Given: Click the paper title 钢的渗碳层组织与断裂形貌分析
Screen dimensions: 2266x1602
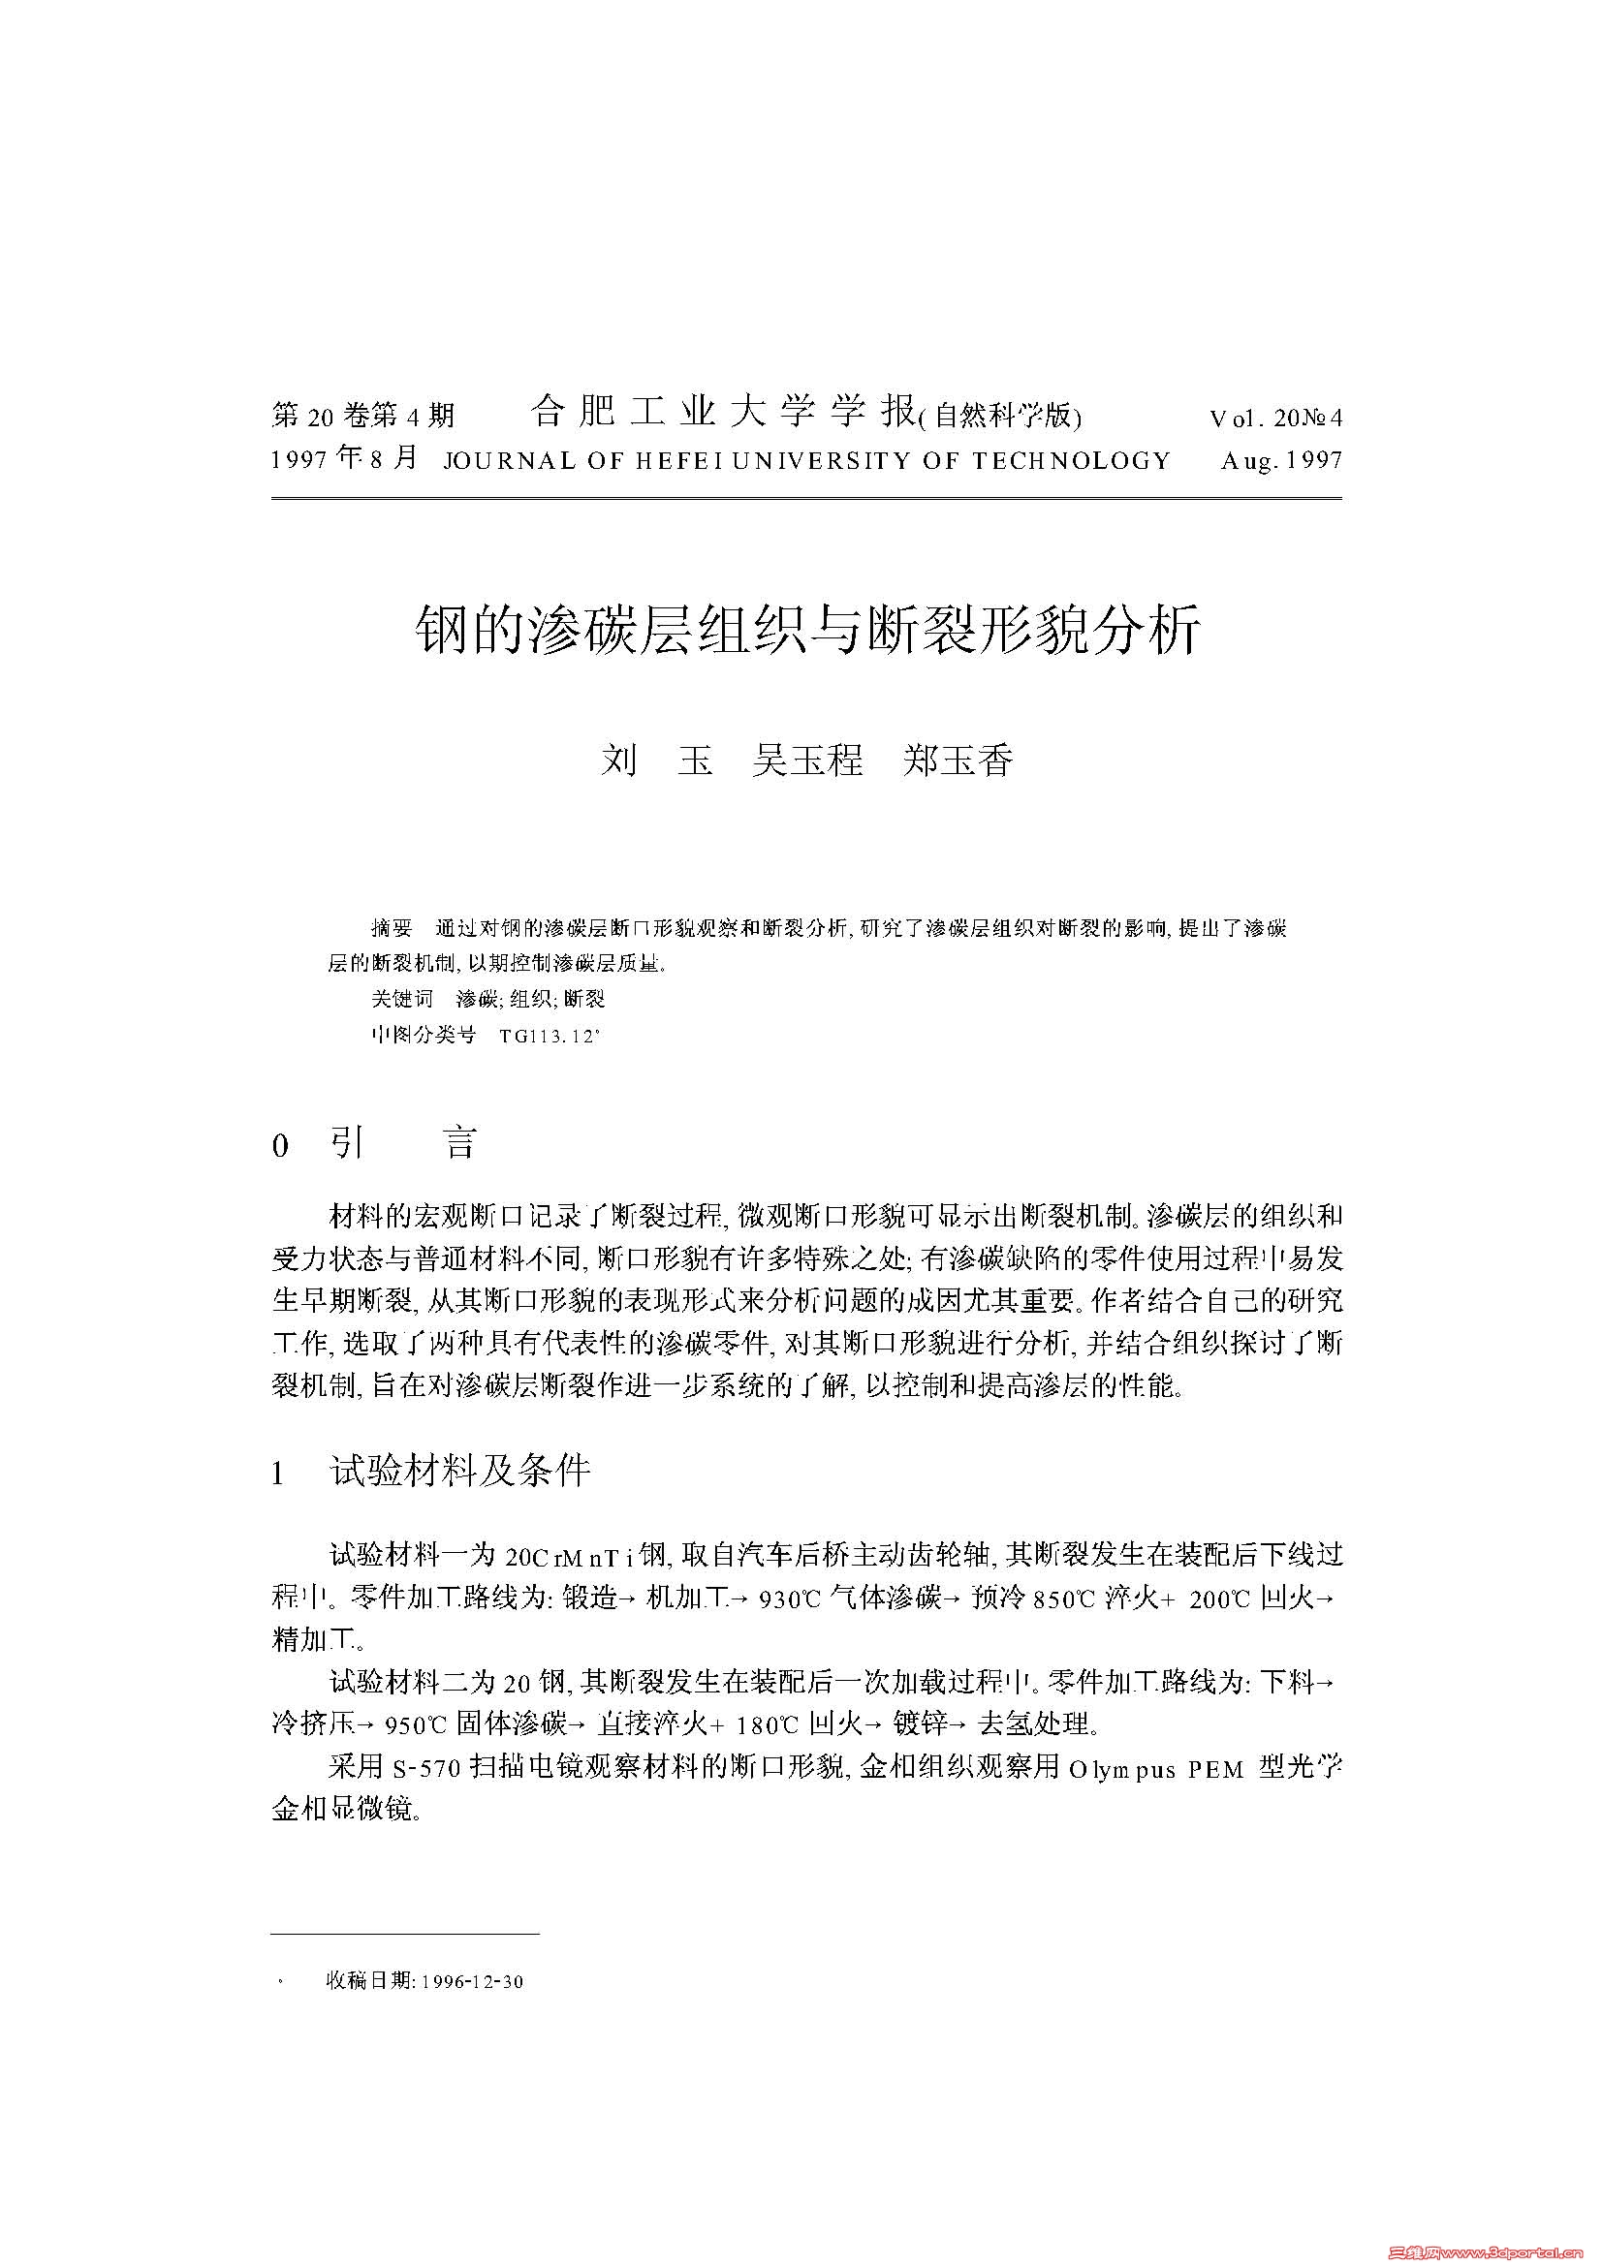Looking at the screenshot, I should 807,629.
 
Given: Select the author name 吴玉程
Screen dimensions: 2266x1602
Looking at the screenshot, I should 807,761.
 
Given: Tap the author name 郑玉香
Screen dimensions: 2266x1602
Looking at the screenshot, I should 958,761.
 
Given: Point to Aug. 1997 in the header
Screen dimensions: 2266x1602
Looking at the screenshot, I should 1281,461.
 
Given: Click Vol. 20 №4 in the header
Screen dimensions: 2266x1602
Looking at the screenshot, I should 1275,418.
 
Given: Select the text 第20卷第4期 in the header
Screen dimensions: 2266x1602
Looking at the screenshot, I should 362,417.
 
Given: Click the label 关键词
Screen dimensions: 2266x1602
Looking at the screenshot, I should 402,999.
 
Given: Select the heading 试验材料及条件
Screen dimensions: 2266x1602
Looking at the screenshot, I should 460,1472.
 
